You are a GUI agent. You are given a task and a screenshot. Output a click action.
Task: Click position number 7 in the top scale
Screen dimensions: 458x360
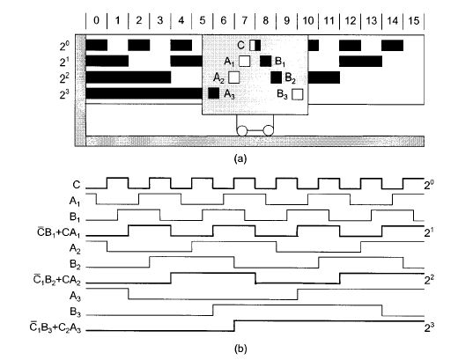point(245,20)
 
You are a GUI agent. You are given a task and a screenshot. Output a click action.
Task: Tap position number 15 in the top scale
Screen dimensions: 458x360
point(414,20)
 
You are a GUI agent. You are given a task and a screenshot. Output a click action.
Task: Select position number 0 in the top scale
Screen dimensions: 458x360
point(96,20)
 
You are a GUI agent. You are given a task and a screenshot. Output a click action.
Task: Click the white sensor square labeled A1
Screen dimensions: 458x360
point(244,61)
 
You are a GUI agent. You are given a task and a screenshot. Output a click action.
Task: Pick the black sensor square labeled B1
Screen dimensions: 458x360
point(266,61)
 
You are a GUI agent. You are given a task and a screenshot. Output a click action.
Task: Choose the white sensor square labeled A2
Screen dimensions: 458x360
point(233,77)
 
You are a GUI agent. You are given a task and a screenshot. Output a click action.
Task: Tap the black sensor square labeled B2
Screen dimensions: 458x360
point(277,77)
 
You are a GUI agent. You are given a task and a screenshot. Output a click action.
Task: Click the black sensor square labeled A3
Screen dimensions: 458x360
point(213,93)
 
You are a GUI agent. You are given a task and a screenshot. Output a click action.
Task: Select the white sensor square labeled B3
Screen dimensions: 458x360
point(298,94)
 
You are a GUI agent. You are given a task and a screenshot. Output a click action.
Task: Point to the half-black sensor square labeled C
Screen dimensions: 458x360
point(255,46)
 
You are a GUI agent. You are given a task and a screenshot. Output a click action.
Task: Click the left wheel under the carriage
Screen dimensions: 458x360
point(242,130)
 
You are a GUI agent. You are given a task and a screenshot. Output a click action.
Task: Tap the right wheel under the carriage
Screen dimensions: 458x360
point(268,130)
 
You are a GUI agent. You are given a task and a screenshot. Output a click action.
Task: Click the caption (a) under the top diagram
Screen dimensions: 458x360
point(240,158)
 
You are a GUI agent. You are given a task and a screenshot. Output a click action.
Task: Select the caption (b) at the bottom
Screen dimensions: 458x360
point(240,349)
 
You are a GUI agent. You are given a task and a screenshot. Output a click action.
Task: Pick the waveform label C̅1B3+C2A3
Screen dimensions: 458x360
point(55,327)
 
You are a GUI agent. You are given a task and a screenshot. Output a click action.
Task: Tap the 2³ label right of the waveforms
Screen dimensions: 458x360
point(430,327)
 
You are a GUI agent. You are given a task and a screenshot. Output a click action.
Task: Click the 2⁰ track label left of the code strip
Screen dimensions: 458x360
point(64,46)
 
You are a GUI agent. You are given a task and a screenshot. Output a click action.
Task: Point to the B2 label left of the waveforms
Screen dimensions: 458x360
point(75,264)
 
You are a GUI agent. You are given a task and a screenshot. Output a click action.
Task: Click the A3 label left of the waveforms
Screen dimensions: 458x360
point(75,296)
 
